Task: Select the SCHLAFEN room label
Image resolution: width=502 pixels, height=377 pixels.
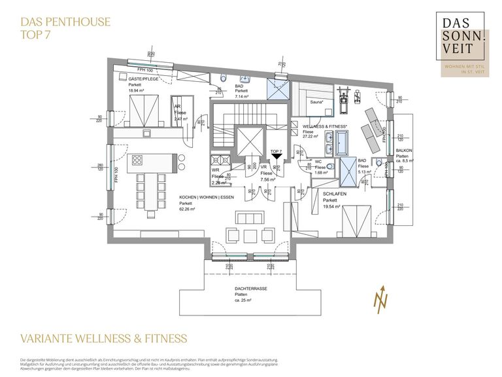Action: click(335, 194)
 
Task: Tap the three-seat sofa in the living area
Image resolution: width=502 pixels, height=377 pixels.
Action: click(252, 218)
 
